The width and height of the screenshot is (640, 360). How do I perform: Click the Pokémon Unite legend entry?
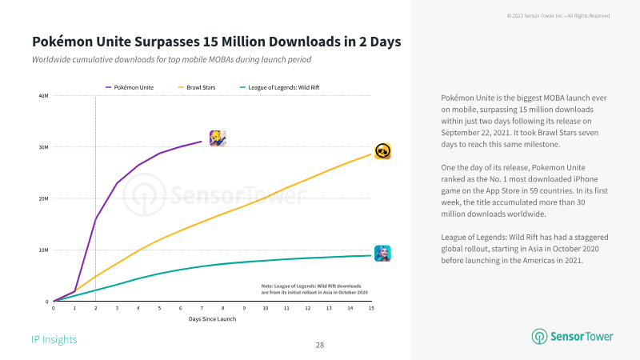[130, 87]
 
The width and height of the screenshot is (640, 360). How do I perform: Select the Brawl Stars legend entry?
[197, 87]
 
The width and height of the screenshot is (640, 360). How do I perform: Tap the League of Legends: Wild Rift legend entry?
[279, 87]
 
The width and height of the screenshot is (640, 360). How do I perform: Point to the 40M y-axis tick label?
[44, 96]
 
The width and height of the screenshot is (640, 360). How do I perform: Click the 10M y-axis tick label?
[44, 250]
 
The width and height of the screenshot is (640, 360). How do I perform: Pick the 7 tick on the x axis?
[202, 308]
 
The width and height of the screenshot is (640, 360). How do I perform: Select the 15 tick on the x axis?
[371, 308]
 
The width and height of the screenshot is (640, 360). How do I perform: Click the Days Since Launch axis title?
[212, 318]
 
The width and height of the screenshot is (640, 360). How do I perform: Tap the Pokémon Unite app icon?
[218, 138]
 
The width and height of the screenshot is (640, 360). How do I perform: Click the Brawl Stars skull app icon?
[383, 151]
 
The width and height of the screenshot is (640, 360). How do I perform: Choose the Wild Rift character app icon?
[382, 254]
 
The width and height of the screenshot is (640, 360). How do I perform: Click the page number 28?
[320, 346]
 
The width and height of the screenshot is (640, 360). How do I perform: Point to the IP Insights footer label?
[54, 339]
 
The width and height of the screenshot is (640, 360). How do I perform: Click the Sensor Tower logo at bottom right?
[572, 336]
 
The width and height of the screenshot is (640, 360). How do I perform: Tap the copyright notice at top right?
[558, 16]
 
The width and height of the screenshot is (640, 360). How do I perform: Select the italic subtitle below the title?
[171, 59]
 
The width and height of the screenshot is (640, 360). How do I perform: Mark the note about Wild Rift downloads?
[314, 289]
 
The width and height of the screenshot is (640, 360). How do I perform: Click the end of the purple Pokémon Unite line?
[202, 142]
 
